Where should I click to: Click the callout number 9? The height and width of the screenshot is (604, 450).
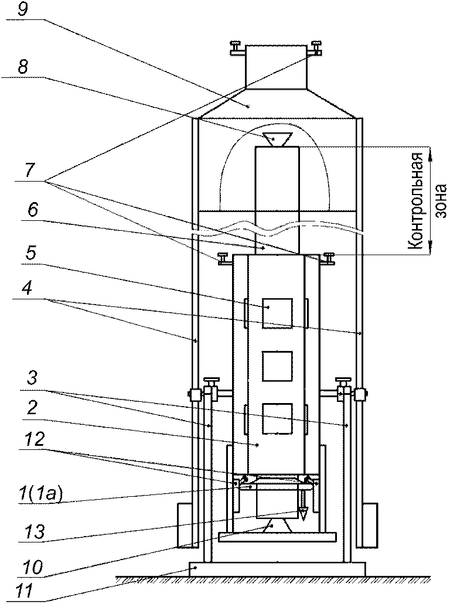pyautogui.click(x=23, y=9)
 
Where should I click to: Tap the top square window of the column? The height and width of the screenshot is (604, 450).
pyautogui.click(x=277, y=313)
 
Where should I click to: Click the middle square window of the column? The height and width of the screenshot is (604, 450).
pyautogui.click(x=277, y=366)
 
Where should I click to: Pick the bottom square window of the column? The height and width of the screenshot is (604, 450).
pyautogui.click(x=277, y=418)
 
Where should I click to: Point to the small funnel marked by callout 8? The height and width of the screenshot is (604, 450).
pyautogui.click(x=277, y=139)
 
